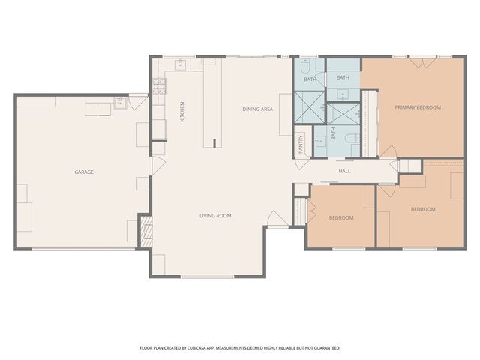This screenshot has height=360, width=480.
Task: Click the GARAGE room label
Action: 83,172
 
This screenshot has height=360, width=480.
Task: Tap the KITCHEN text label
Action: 181,112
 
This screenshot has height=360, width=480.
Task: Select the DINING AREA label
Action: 257,109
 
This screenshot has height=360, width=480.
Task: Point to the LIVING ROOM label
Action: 215,216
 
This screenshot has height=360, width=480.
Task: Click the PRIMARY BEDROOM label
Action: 418,107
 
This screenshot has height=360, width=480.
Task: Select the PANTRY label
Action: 301,144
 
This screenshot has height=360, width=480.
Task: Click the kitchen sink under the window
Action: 181,65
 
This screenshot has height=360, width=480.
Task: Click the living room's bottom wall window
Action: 207,277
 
